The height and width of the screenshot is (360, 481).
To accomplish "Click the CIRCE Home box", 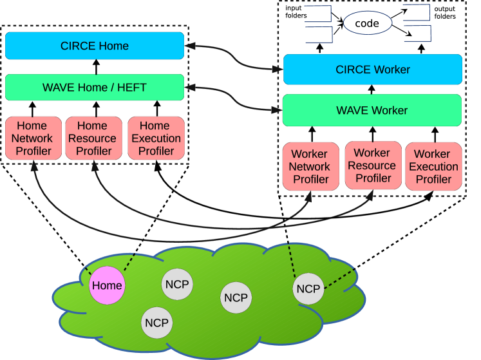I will pos(95,46).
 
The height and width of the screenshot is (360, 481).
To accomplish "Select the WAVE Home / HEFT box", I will pos(95,88).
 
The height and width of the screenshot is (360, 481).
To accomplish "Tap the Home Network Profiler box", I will pos(32,138).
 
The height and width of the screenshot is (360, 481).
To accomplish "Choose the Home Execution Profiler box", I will pos(156,138).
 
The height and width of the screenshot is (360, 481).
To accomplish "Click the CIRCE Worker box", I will pos(372,70).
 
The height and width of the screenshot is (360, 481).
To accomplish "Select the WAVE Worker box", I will pos(372,110).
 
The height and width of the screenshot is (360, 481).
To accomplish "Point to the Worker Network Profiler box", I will pos(310,167).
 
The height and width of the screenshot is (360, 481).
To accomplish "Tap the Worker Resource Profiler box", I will pos(372,166).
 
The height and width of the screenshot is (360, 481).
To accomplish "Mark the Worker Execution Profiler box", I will pos(433,167).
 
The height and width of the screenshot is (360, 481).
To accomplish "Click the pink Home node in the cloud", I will pos(106,285).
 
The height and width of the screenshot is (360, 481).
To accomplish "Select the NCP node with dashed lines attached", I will pos(308,289).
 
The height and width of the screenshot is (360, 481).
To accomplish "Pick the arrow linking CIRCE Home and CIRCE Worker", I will pos(236,57).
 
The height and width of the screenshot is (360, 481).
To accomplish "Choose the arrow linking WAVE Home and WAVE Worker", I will pos(234,99).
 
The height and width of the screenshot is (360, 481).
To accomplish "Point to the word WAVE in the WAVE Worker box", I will pos(353,110).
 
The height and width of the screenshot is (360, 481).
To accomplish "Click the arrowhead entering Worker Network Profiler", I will pos(308,196).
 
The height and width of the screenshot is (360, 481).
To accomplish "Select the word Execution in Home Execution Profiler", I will pos(156,138).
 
